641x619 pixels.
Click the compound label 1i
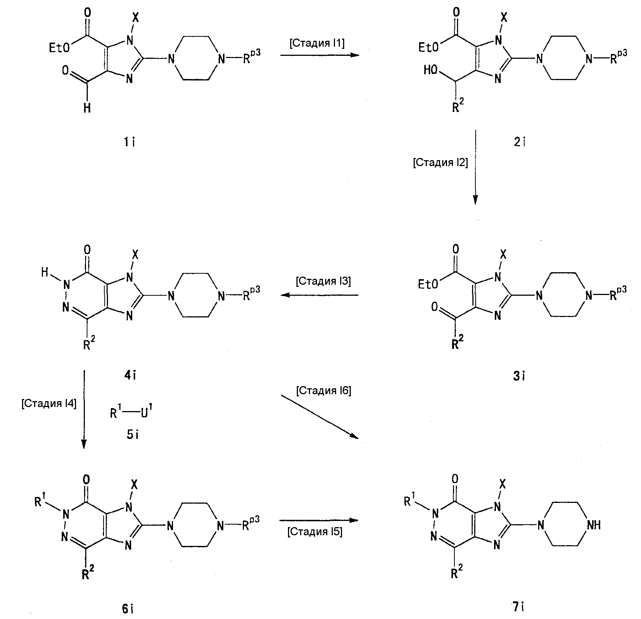129,142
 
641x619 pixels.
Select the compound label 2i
519,142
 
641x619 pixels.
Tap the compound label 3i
519,376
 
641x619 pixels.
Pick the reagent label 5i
132,435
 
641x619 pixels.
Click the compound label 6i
127,608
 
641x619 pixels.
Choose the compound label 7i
518,608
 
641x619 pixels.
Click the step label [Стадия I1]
317,43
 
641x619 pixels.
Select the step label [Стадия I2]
440,162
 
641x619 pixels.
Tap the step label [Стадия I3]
323,281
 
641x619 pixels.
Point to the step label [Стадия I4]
49,404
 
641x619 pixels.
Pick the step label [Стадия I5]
315,532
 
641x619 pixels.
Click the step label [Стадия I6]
324,391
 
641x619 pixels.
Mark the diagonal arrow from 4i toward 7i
320,417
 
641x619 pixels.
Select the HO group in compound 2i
431,70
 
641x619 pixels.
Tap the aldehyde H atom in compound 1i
87,108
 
